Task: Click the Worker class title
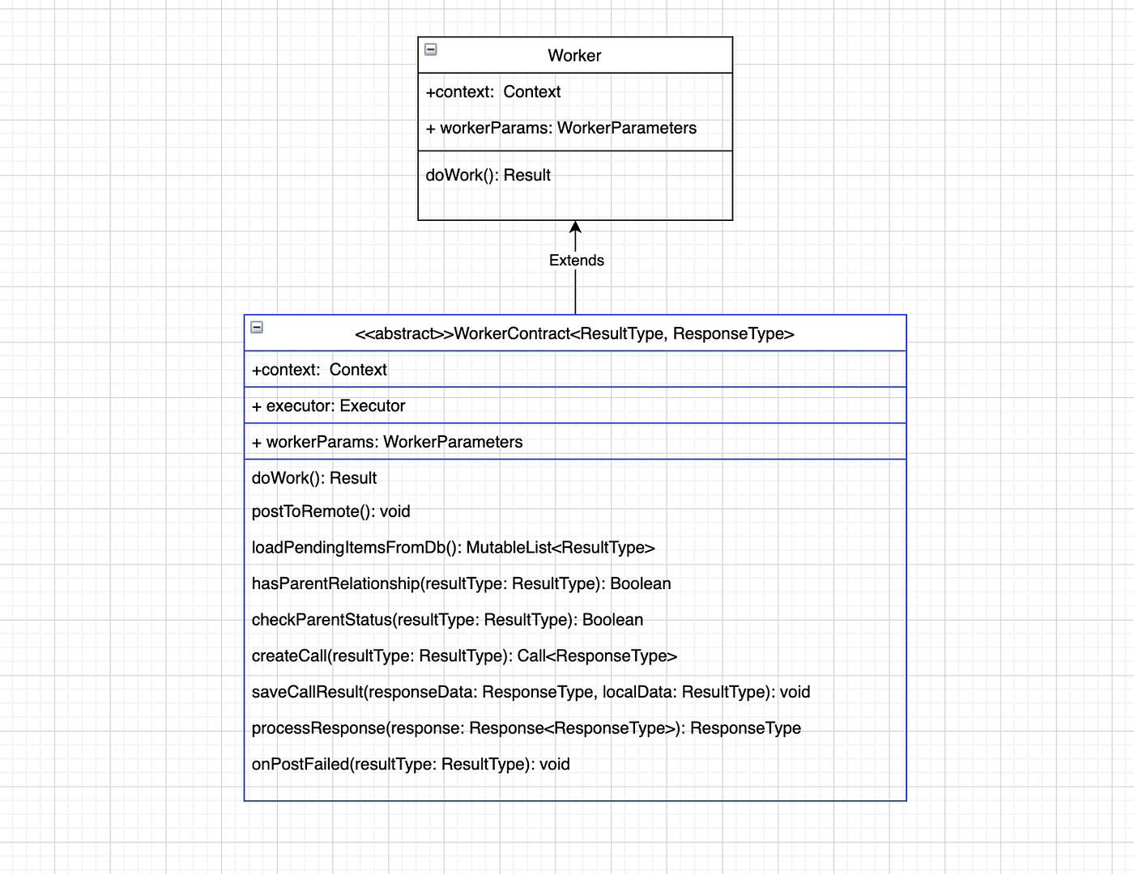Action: (x=574, y=56)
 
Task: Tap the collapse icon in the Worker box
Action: (x=431, y=49)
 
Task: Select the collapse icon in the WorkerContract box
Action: (x=257, y=328)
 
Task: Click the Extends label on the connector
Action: (x=576, y=261)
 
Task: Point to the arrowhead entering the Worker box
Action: (x=575, y=227)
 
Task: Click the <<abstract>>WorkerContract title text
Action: (x=574, y=333)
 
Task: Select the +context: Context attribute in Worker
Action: (x=492, y=92)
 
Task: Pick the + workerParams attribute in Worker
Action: (x=561, y=128)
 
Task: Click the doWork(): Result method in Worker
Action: (x=488, y=176)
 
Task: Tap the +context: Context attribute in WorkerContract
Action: (x=319, y=370)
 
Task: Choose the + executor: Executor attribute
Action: (x=328, y=406)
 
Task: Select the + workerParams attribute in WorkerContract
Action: (x=387, y=442)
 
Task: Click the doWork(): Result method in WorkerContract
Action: (x=313, y=478)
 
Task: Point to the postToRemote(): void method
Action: (x=330, y=511)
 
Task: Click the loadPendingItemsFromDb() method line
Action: (x=453, y=548)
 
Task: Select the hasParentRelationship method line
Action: (x=461, y=583)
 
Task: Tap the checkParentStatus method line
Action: (x=447, y=620)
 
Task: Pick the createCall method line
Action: (x=464, y=656)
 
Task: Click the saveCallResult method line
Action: (x=531, y=692)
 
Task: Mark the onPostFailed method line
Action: (x=411, y=765)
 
